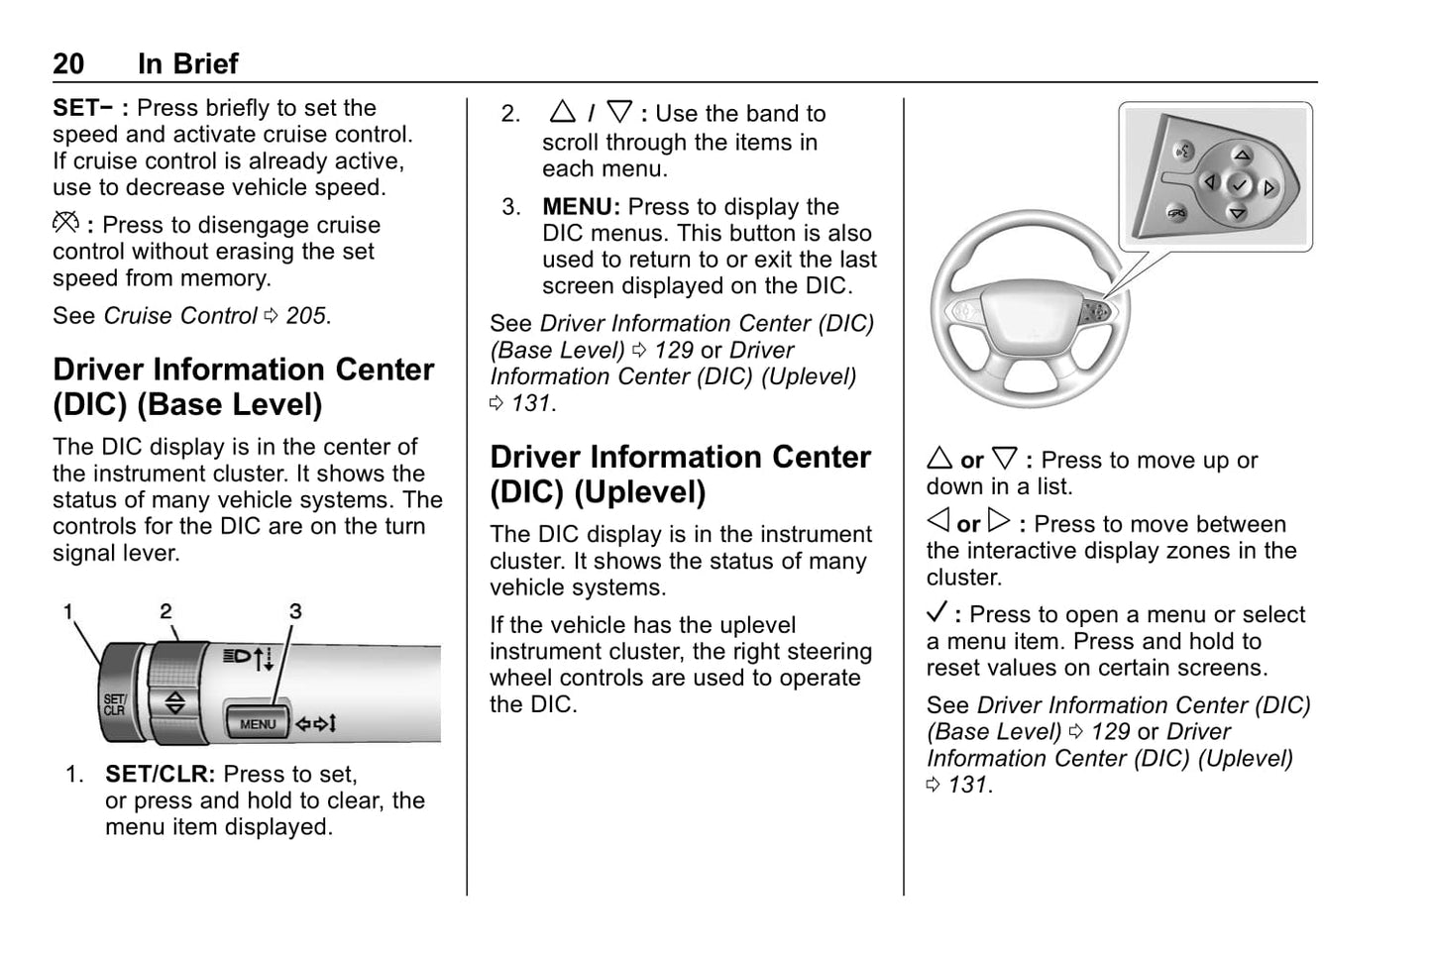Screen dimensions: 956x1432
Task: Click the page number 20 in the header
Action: point(68,64)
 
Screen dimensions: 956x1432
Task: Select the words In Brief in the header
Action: point(187,64)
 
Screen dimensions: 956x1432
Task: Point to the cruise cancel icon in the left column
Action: point(65,224)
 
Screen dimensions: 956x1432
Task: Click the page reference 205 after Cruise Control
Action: point(305,316)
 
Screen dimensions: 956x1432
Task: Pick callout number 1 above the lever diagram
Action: point(68,612)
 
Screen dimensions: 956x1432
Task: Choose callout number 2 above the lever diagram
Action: point(165,612)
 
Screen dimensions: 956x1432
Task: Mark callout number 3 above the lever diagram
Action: point(294,612)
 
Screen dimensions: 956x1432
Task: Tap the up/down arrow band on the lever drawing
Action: point(175,701)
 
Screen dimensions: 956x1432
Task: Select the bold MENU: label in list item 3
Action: point(581,207)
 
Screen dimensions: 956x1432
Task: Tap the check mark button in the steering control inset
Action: point(1239,184)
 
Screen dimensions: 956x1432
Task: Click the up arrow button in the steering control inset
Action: point(1242,156)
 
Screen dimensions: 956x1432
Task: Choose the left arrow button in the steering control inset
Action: point(1209,182)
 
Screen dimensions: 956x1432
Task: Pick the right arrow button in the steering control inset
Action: point(1269,187)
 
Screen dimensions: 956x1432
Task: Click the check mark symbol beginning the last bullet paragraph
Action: point(937,612)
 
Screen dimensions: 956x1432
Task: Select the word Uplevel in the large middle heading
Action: point(641,492)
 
